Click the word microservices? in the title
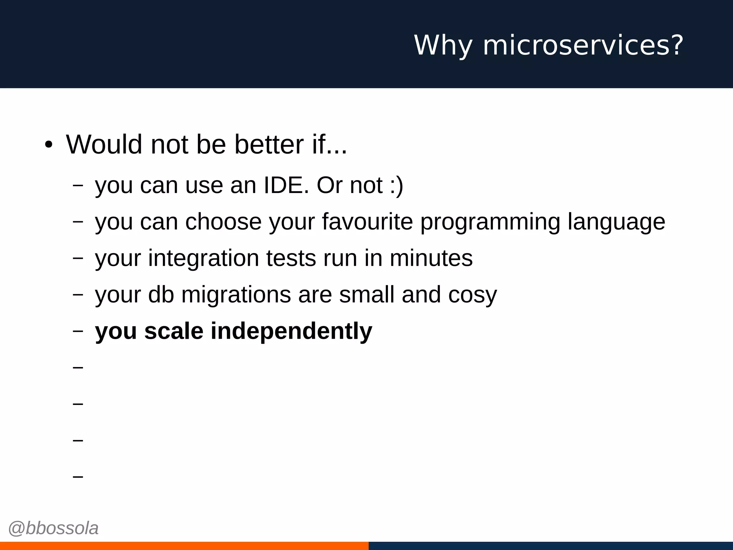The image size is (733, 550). coord(583,45)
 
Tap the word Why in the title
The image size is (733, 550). coord(443,45)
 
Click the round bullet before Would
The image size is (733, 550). coord(49,145)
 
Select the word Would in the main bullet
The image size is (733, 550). coord(104,144)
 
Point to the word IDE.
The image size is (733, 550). coord(286,185)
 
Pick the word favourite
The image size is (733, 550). coord(367,222)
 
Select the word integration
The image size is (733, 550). coord(203,259)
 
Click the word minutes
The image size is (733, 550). coord(431,258)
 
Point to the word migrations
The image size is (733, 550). coord(236,295)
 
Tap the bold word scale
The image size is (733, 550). coord(174,331)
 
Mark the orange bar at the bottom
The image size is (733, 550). coord(184,546)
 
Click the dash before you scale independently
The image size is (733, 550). coord(78,331)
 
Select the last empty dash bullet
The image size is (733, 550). coord(78,477)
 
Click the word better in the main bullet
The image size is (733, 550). coord(269,144)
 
